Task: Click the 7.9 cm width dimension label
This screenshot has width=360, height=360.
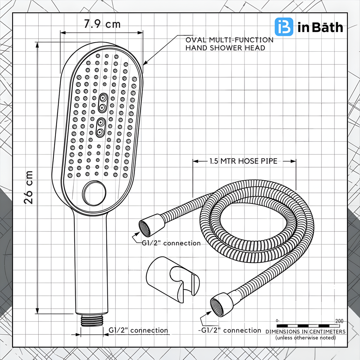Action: point(102,24)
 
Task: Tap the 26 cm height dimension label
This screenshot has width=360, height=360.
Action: point(28,187)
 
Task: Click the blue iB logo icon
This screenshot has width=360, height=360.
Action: point(284,27)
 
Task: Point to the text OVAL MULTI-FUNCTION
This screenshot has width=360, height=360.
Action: point(229,40)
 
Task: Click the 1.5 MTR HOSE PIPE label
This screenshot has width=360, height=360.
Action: point(243,161)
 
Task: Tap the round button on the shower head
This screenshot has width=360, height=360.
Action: point(94,193)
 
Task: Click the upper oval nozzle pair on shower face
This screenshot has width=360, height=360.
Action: point(103,103)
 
